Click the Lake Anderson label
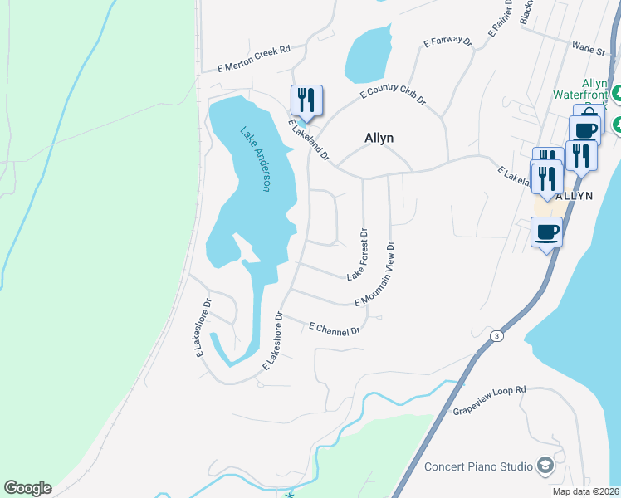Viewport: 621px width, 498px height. (256, 159)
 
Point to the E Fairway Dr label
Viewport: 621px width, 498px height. (447, 41)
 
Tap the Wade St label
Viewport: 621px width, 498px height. (589, 50)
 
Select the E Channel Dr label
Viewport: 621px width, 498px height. (334, 329)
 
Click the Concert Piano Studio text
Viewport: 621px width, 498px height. (478, 466)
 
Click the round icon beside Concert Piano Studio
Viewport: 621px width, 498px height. (545, 466)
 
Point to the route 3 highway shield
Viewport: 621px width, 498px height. (496, 335)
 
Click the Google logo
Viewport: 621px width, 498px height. (27, 488)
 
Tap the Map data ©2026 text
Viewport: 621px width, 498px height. (586, 491)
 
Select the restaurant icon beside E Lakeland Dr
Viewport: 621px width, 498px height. (306, 100)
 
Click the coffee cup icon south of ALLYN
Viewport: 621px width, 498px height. (546, 232)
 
